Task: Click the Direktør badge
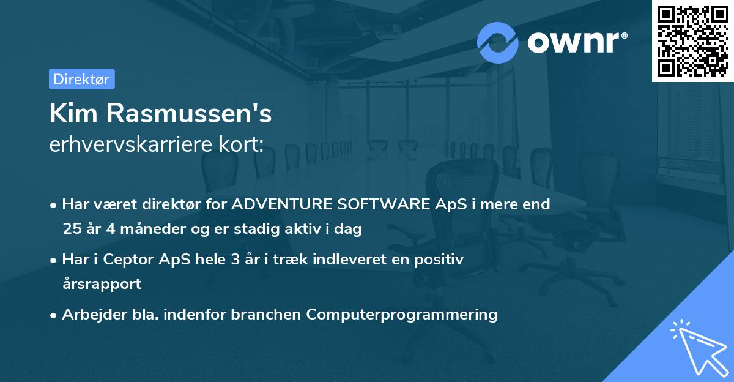point(81,79)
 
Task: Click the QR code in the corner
point(692,40)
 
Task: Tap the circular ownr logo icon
point(498,42)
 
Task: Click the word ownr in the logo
point(576,43)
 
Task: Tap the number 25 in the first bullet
point(72,230)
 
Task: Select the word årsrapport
point(102,284)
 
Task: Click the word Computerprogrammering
point(402,315)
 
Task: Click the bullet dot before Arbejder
point(54,315)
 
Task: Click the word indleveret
point(350,260)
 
